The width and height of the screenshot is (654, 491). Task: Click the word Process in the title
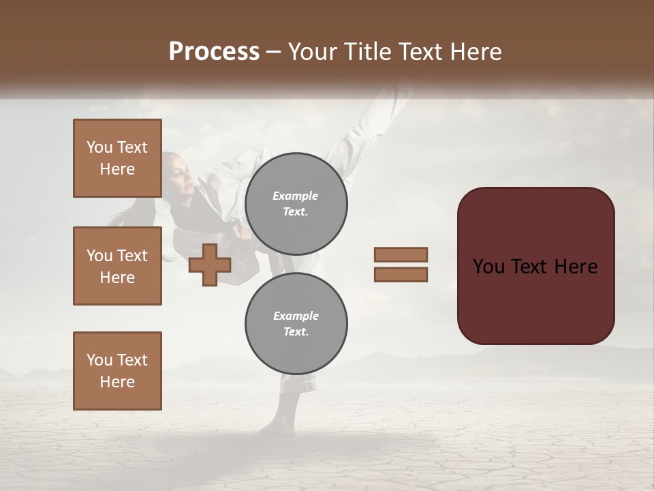pos(214,52)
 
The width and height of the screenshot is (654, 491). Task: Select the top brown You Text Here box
pos(117,158)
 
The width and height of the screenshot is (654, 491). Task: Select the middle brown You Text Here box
pos(117,266)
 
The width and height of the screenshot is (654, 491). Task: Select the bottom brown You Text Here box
pos(117,370)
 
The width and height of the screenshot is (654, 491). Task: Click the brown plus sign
pos(209,265)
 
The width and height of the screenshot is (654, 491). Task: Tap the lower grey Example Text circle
pos(296,324)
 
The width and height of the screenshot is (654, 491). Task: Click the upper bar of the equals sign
pos(401,254)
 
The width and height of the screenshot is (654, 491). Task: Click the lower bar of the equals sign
pos(401,274)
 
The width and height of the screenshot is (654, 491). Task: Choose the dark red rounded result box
pos(535,265)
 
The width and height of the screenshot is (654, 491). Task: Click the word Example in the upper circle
pos(296,196)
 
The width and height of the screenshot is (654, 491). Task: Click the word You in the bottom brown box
pos(99,359)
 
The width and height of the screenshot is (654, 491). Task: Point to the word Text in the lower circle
pos(296,331)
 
